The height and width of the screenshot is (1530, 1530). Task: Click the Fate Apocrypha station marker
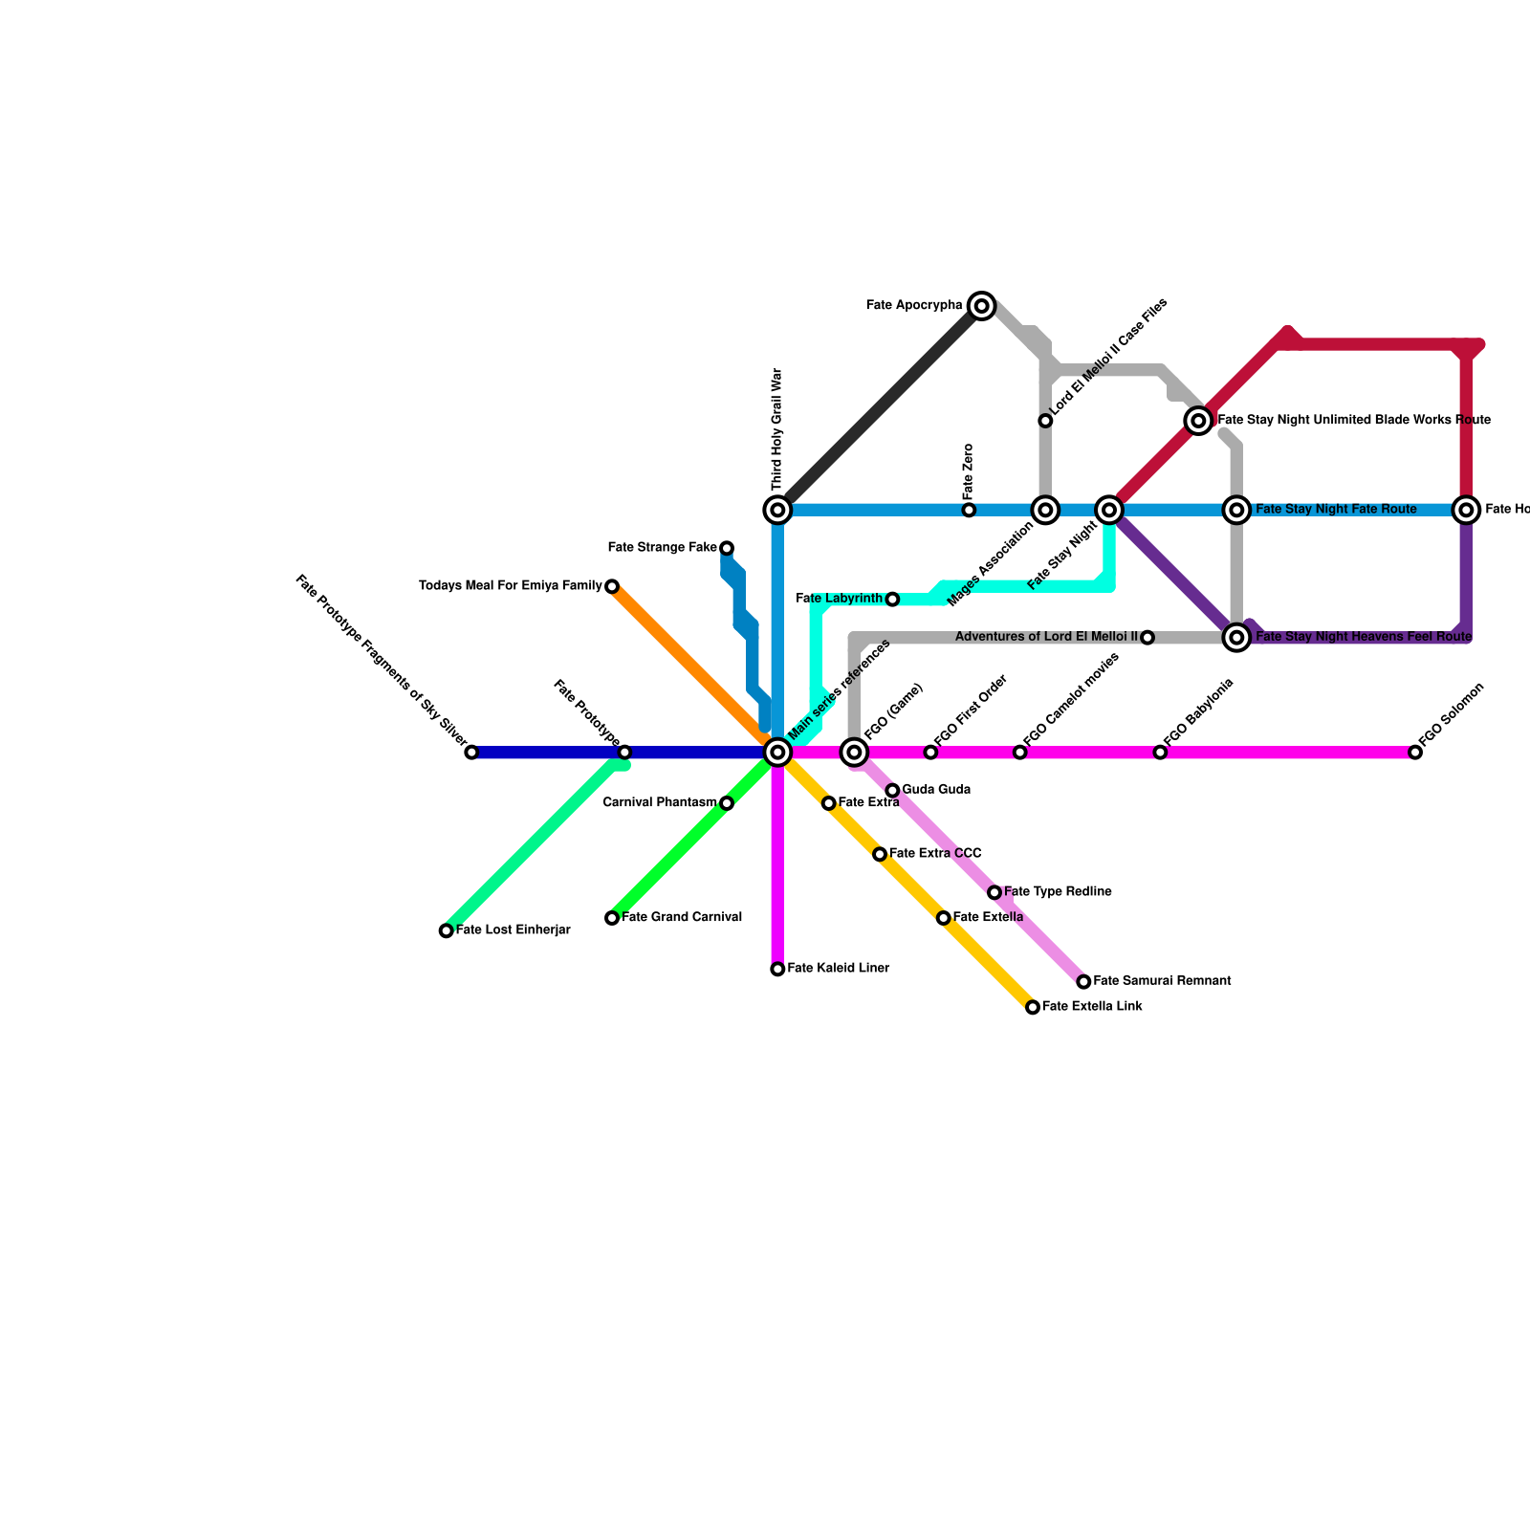[981, 306]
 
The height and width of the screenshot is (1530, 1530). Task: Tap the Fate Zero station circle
[969, 511]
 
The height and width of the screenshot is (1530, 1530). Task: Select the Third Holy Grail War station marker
[778, 511]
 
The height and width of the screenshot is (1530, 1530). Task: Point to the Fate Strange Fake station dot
[727, 548]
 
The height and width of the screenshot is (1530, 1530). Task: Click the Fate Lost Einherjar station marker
[447, 930]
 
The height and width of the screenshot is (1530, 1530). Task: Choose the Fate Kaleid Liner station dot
[778, 970]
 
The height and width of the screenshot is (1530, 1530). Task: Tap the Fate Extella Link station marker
[1033, 1007]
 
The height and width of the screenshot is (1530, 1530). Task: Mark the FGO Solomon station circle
[1415, 753]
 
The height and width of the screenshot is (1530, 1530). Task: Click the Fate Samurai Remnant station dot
[1083, 982]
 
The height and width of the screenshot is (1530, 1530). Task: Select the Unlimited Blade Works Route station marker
[1198, 421]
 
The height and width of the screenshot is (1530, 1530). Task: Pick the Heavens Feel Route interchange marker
[1237, 637]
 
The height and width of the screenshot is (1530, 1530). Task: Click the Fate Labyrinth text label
[839, 599]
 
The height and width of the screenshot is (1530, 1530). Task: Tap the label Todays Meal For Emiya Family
[511, 586]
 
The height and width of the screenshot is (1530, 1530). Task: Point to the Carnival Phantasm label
[660, 803]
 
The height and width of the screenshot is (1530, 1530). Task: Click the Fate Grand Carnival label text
[682, 918]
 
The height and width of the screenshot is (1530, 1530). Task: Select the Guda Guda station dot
[892, 791]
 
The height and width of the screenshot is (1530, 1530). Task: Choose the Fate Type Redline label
[1058, 892]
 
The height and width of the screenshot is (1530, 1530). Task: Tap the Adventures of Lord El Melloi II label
[1046, 637]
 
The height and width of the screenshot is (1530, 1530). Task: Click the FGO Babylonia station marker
[1160, 753]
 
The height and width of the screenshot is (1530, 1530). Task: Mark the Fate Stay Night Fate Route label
[1336, 510]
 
